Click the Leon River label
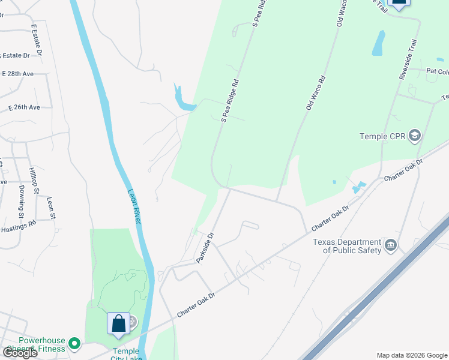[134, 207]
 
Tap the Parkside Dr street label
[205, 248]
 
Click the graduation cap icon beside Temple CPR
[414, 136]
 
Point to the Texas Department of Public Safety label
[347, 246]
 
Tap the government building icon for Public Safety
[391, 244]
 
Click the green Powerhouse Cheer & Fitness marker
[74, 344]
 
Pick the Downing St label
[21, 197]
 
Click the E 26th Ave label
[24, 107]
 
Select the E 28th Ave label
[17, 74]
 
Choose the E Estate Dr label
[37, 40]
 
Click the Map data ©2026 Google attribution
[412, 355]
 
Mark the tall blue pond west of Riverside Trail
[378, 43]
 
